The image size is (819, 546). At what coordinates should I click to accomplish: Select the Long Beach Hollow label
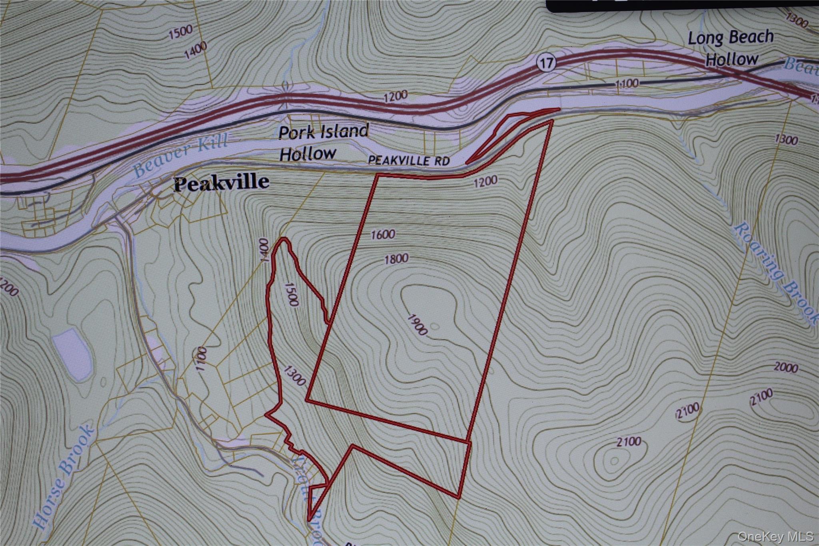[731, 48]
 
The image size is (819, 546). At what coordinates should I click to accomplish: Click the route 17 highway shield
[546, 63]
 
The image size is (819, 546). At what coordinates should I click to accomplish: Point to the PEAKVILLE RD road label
[409, 160]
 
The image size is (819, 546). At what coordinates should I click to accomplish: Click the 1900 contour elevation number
[417, 324]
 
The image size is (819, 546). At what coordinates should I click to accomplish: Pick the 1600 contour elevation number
[383, 234]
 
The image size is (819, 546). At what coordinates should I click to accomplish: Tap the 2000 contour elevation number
[786, 367]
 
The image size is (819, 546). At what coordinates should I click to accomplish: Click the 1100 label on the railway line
[626, 83]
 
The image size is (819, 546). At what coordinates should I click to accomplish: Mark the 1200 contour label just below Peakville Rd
[485, 182]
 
